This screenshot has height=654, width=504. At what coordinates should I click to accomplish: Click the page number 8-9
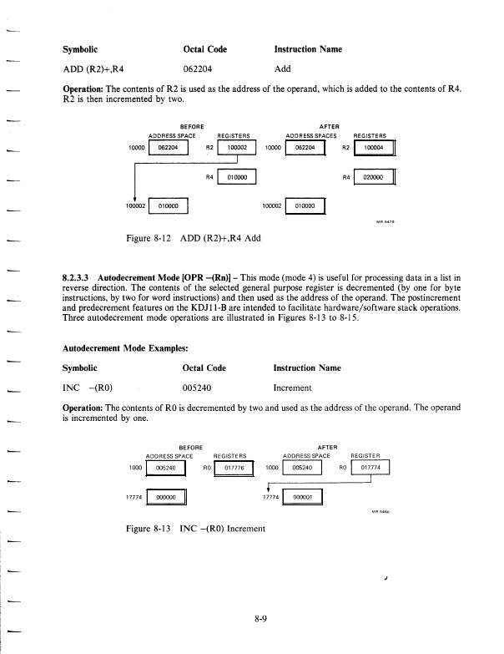click(x=262, y=619)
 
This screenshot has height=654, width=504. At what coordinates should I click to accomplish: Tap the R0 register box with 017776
click(x=237, y=469)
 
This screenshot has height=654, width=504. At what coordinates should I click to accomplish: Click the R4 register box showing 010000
click(x=238, y=178)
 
